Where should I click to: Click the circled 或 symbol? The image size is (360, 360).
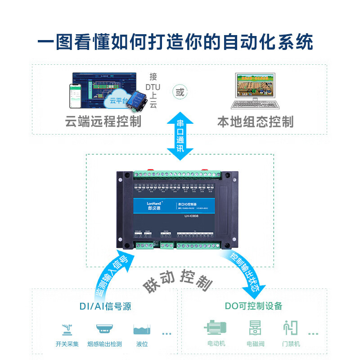pyautogui.click(x=180, y=93)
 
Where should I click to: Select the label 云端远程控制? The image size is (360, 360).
pyautogui.click(x=103, y=121)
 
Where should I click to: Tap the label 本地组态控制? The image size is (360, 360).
pyautogui.click(x=255, y=121)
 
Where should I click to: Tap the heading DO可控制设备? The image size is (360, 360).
pyautogui.click(x=253, y=306)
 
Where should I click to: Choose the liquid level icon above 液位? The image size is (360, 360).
pyautogui.click(x=142, y=329)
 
